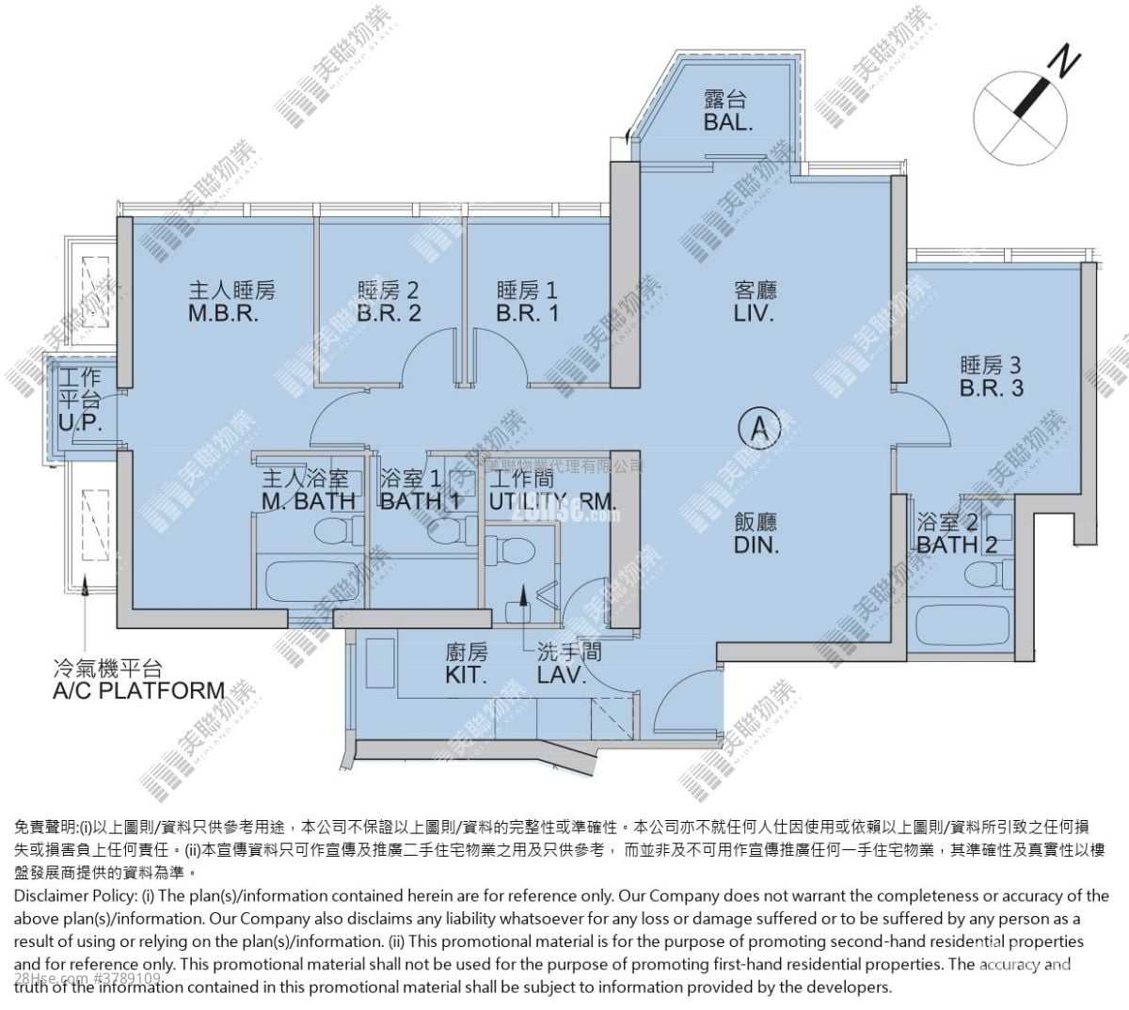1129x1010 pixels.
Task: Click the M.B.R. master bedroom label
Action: (223, 313)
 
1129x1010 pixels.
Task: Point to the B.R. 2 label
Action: (389, 313)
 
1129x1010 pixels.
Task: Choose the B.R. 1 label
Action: (527, 313)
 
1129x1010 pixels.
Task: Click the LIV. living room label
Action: (755, 313)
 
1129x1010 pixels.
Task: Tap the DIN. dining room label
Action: (756, 544)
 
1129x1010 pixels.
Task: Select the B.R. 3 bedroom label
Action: (991, 387)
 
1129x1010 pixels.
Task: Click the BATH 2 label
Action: (956, 544)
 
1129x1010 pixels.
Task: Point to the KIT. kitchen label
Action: (466, 675)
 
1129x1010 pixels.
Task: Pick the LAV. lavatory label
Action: (562, 675)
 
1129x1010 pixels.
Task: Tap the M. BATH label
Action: (308, 501)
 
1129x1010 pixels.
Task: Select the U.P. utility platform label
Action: (79, 423)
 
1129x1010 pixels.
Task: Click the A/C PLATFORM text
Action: (138, 691)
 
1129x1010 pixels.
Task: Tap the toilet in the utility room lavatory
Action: (514, 549)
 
